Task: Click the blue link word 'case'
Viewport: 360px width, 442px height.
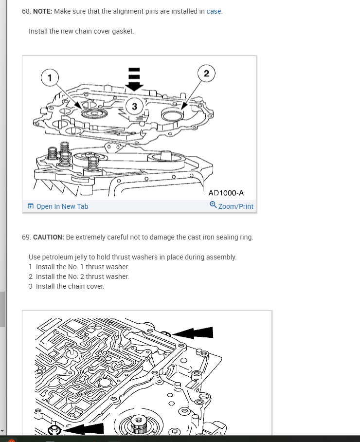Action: pyautogui.click(x=214, y=11)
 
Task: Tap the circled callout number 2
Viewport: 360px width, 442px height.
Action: pyautogui.click(x=206, y=74)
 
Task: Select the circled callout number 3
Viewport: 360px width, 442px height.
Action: pyautogui.click(x=135, y=106)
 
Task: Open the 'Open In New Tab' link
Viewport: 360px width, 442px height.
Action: pyautogui.click(x=62, y=206)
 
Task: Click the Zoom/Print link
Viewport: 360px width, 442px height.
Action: pyautogui.click(x=235, y=206)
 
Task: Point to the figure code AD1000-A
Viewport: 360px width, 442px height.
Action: pyautogui.click(x=226, y=193)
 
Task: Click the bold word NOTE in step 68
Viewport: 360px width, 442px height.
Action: pyautogui.click(x=42, y=11)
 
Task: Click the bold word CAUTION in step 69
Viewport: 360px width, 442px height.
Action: pyautogui.click(x=49, y=237)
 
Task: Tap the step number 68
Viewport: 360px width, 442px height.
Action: pyautogui.click(x=26, y=11)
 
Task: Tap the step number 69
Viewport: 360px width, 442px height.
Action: pyautogui.click(x=26, y=237)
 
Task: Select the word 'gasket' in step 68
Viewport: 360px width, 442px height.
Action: pyautogui.click(x=123, y=31)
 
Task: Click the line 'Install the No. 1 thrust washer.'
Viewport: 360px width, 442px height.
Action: pyautogui.click(x=82, y=267)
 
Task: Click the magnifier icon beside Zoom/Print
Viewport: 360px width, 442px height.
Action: pyautogui.click(x=213, y=205)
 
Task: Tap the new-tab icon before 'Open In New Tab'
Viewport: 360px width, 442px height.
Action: pyautogui.click(x=31, y=206)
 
